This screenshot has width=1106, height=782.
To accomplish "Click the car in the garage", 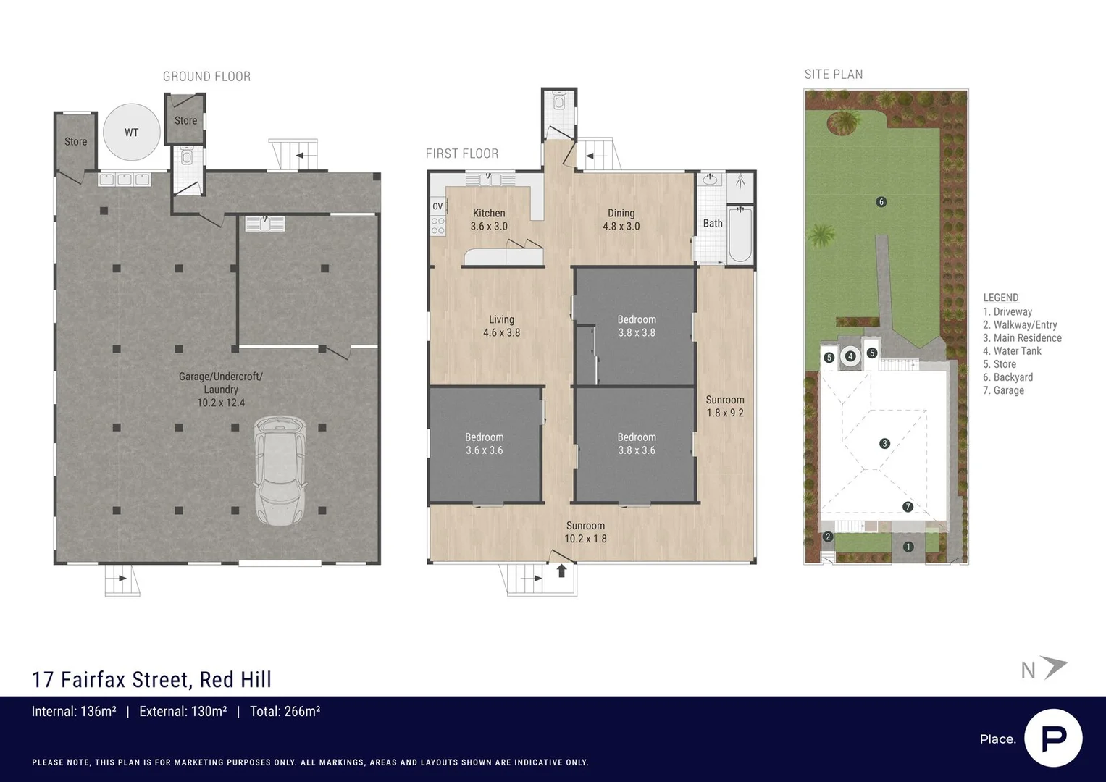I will point(280,470).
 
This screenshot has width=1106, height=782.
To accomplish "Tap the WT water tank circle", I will point(131,133).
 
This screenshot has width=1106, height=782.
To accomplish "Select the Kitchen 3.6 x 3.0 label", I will point(489,219).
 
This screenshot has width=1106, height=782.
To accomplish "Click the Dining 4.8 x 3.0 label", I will point(621,219).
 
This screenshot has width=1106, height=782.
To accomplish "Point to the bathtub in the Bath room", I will point(740,235).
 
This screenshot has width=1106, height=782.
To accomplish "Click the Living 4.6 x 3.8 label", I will point(501,326).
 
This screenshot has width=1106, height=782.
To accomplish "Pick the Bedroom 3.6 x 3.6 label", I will point(484,444).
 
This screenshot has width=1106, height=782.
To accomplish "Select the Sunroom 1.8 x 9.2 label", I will point(724,406).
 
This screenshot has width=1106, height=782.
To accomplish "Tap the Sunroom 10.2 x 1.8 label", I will point(585,532).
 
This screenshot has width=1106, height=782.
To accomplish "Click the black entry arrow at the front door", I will point(561,571).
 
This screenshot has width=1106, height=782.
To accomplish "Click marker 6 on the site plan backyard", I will point(881,202).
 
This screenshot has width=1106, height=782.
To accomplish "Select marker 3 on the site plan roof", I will point(884,444).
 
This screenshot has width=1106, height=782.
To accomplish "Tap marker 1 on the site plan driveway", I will point(908,547).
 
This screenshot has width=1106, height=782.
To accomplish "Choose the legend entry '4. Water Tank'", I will point(1012,351).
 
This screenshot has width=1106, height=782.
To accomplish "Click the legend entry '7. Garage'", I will point(1003,390).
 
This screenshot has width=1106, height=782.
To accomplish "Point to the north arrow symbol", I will point(1054,668).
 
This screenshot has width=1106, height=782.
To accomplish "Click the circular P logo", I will point(1053,738).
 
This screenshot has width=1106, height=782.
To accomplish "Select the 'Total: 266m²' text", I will point(285,712).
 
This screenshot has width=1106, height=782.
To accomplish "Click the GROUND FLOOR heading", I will point(206,77).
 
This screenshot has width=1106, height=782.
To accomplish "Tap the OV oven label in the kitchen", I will point(437,206).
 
